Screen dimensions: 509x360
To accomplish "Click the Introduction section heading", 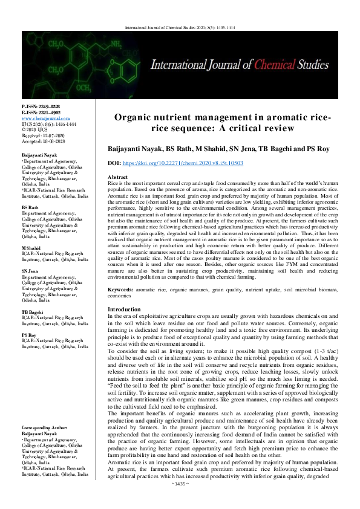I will tap(123, 309).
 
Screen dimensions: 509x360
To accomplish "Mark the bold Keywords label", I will tap(125, 290).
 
